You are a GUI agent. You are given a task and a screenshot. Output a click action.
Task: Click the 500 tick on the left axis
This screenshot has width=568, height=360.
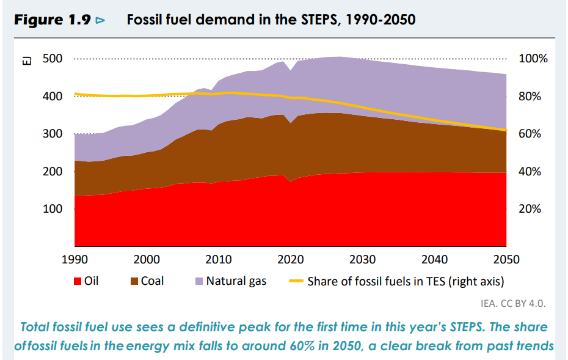tap(51, 59)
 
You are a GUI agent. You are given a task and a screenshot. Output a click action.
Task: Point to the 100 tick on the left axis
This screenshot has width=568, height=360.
tap(51, 209)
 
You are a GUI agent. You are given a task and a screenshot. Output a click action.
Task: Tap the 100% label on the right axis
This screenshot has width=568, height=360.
tap(533, 59)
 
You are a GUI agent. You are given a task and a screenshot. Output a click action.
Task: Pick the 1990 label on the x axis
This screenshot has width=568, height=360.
tap(75, 260)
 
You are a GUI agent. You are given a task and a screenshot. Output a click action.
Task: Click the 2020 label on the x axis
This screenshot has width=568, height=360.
tap(291, 260)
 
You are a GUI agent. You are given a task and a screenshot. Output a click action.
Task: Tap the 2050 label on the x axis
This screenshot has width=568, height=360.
tap(506, 260)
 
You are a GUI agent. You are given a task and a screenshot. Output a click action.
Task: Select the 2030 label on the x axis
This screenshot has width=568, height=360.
tap(363, 260)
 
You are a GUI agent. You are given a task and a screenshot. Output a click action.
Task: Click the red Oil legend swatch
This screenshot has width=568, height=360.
tap(78, 282)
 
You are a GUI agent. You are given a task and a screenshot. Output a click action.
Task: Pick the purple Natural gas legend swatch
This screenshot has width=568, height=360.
tap(199, 282)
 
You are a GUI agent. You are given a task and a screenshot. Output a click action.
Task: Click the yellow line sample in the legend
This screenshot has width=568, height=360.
tap(296, 282)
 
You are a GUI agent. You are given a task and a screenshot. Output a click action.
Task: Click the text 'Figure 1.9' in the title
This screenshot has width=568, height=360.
tap(53, 20)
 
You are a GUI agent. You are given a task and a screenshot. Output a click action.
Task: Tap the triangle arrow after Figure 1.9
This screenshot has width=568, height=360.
tap(101, 20)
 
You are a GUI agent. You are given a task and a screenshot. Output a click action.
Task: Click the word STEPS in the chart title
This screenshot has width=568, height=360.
tap(321, 20)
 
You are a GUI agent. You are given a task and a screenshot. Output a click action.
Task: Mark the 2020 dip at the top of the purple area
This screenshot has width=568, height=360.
tap(291, 70)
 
